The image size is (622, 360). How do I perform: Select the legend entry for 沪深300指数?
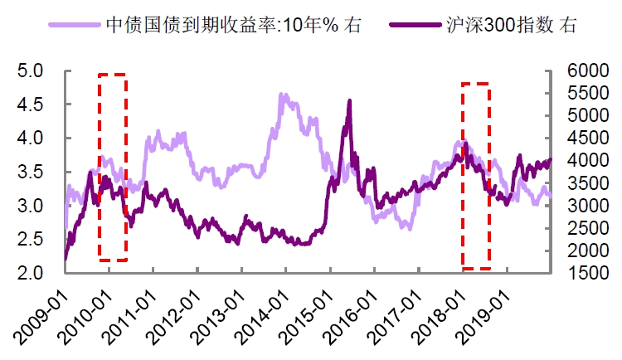coord(506,25)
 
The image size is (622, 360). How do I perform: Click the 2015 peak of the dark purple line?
coord(349,100)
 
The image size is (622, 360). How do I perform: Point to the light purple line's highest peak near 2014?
coord(282,95)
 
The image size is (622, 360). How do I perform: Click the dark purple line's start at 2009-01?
coord(66,259)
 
